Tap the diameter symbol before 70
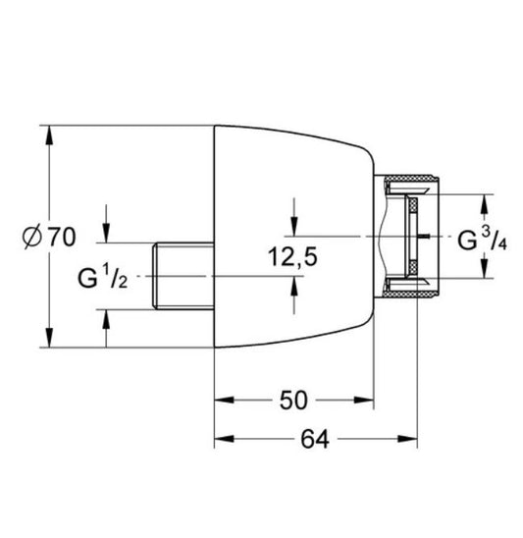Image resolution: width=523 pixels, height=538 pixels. coord(32,236)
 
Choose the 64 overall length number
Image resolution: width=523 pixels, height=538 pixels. coord(313,440)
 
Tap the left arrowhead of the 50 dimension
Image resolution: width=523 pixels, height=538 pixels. coord(222,400)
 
